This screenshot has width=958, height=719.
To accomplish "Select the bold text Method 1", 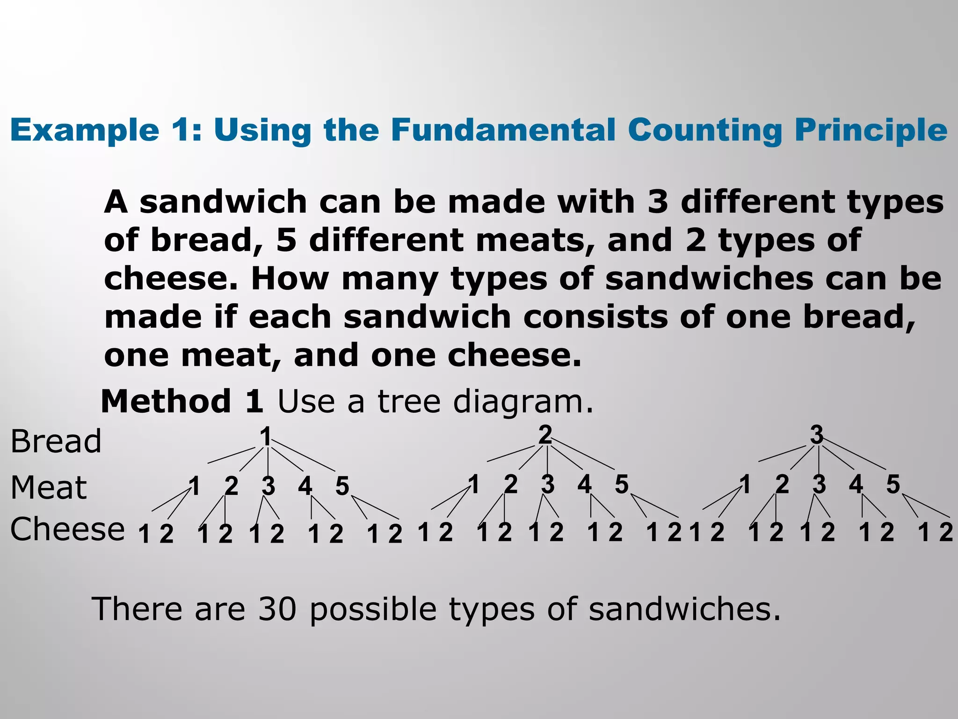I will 182,402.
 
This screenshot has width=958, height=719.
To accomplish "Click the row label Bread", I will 56,441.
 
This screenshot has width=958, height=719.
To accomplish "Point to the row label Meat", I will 49,488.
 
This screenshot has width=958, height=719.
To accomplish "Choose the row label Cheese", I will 68,529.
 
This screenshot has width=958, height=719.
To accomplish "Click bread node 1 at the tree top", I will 266,437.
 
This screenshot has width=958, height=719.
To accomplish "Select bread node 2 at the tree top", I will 545,435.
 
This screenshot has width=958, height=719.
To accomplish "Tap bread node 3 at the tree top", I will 817,435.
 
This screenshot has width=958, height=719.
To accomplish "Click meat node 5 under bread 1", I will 342,486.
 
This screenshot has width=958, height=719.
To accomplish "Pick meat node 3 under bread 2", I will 548,484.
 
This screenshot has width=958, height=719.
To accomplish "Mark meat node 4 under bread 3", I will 856,484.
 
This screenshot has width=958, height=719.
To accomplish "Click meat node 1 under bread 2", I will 474,484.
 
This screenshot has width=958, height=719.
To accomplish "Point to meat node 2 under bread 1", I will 231,486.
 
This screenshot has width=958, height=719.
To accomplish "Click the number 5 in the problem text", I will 286,240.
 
